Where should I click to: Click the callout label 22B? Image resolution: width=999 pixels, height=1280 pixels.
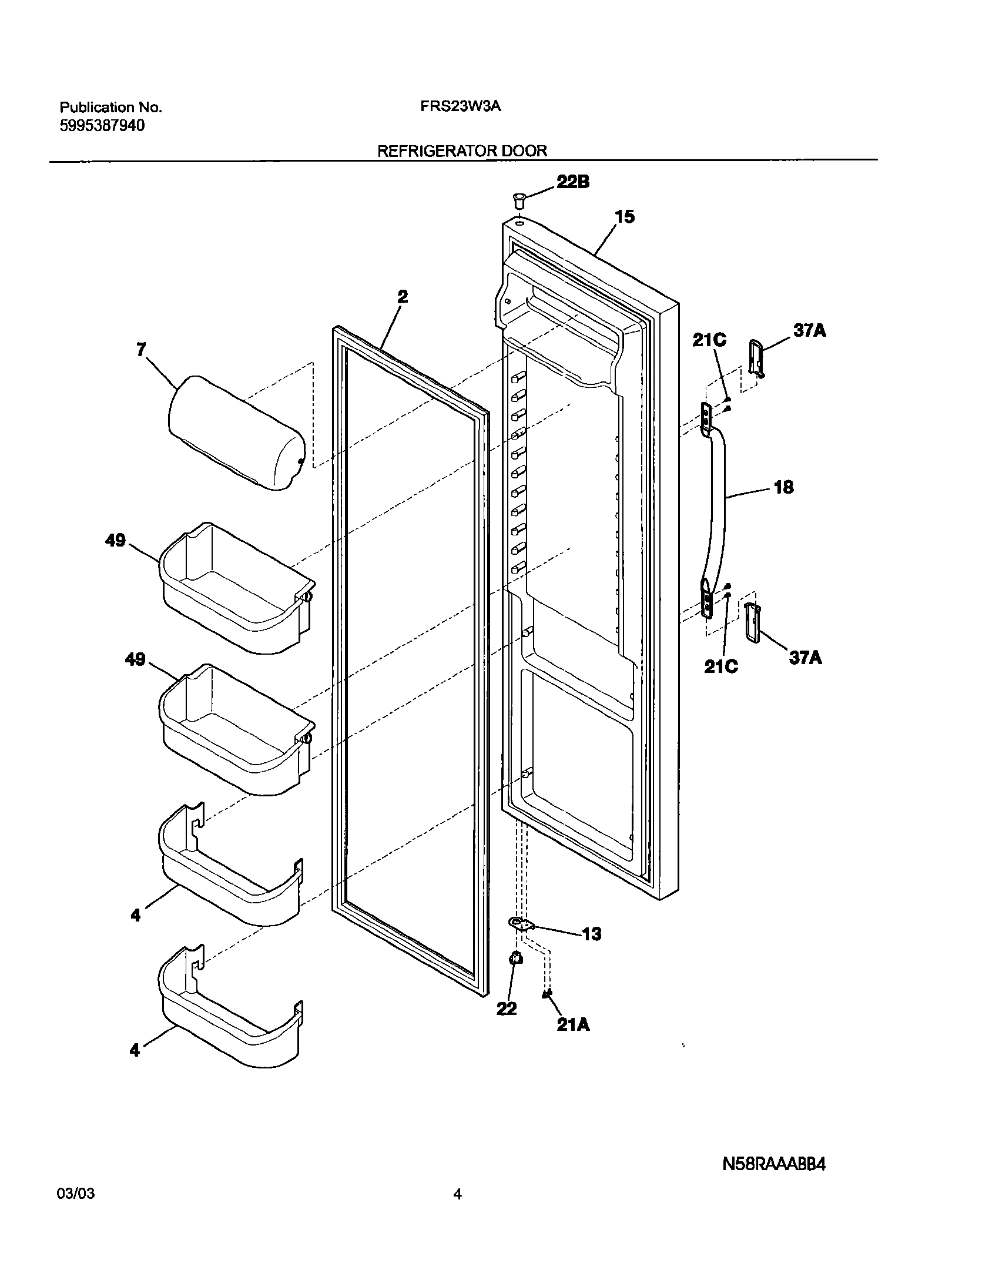pos(572,182)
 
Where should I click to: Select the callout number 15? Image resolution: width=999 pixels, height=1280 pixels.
pos(625,217)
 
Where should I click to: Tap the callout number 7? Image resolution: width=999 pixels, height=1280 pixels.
pos(140,350)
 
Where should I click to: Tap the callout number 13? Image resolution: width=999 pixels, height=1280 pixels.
pos(592,934)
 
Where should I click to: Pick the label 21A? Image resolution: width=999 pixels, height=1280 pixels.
pos(573,1024)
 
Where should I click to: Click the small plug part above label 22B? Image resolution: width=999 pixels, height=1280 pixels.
pos(518,199)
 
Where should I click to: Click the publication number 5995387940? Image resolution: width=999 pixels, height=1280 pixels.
pos(102,125)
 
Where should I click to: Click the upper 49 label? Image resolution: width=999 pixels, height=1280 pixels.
pos(115,540)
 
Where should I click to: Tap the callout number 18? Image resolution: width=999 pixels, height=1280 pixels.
pos(784,487)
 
